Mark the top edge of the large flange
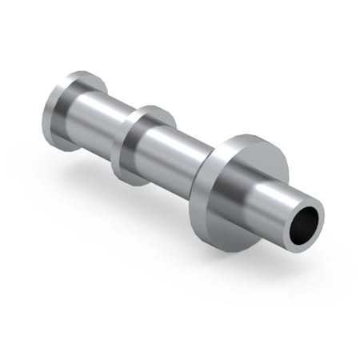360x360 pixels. pyautogui.click(x=248, y=137)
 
